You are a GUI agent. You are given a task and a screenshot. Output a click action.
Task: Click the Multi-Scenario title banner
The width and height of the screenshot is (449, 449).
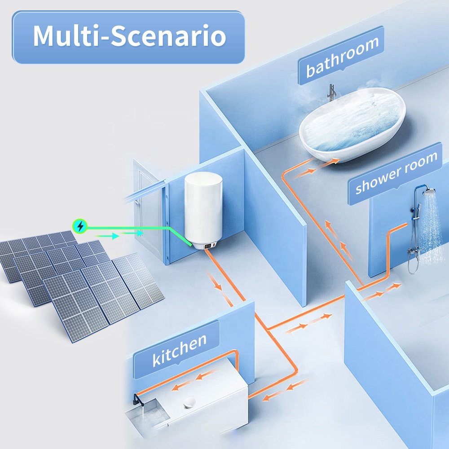point(128,37)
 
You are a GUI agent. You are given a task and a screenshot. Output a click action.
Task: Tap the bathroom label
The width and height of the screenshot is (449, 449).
point(341,55)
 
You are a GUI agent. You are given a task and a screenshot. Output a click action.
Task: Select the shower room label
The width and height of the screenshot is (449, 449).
point(395,173)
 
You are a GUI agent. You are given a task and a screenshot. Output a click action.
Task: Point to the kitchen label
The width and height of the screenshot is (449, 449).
point(177,349)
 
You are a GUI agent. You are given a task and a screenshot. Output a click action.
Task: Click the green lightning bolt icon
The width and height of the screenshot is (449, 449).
point(80,226)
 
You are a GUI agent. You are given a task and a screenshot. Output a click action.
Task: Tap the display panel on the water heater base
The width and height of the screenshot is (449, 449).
point(210,246)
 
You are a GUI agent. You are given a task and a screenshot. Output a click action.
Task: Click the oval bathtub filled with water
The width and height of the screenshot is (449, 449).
point(352,124)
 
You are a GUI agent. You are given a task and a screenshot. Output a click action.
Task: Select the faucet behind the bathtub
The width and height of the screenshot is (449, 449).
point(331,92)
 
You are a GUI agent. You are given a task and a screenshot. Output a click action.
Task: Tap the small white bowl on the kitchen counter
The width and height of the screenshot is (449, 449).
point(189,403)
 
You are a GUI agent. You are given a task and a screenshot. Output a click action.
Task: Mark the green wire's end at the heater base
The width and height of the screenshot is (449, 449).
point(191,245)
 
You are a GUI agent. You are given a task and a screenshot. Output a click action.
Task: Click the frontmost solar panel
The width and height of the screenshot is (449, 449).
point(75,305)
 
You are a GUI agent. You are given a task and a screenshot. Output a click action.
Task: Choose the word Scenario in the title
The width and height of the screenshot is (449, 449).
point(168,36)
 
